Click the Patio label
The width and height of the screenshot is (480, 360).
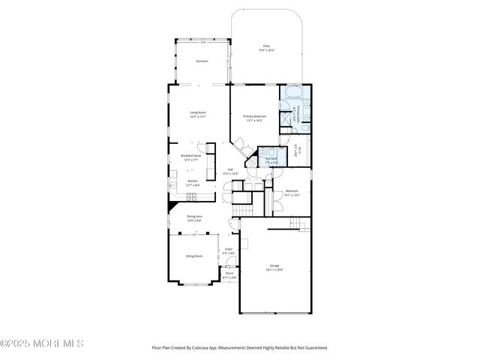click(x=266, y=46)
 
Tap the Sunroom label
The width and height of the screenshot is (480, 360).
click(x=201, y=61)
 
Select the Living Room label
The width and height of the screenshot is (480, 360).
click(x=197, y=112)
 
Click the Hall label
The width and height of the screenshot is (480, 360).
click(x=230, y=169)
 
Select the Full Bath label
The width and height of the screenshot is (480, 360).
click(x=271, y=158)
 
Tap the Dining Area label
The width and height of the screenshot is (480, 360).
click(x=194, y=217)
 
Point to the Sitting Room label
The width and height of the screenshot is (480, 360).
click(x=194, y=256)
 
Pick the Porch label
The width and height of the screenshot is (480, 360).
click(x=229, y=273)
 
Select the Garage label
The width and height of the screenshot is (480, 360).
click(x=274, y=266)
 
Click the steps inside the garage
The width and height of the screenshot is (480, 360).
click(x=300, y=223)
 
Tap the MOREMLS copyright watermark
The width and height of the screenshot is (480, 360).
click(x=42, y=343)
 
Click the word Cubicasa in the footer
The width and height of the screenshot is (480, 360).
click(x=211, y=348)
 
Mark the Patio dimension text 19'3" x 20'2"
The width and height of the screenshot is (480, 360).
click(x=266, y=51)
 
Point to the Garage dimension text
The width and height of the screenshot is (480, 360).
click(x=274, y=271)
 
